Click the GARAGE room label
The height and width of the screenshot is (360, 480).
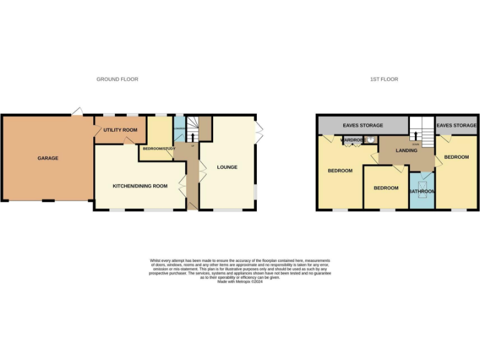click(47, 158)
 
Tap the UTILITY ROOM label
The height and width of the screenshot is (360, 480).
click(120, 129)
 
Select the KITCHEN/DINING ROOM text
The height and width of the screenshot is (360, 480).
click(139, 186)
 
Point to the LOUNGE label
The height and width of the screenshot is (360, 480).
click(227, 167)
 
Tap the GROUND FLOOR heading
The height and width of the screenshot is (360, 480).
click(117, 79)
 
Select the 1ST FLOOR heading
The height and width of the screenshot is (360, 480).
click(384, 79)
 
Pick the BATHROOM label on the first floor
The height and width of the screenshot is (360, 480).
click(421, 191)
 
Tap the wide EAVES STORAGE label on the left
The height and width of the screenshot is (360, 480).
click(362, 126)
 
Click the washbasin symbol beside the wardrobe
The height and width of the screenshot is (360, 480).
click(371, 141)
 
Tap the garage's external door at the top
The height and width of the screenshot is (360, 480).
click(77, 112)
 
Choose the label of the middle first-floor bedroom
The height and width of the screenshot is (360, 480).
click(386, 187)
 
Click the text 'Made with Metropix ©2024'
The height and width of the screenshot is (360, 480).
click(240, 282)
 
